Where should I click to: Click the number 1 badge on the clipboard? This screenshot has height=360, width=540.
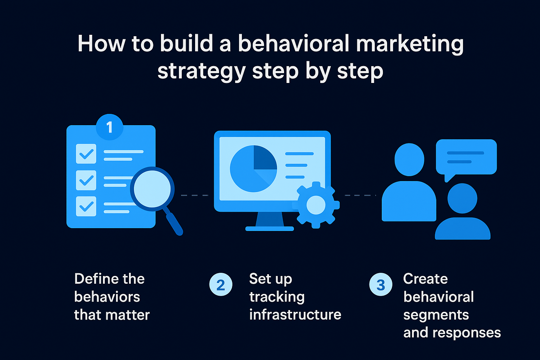pyautogui.click(x=109, y=127)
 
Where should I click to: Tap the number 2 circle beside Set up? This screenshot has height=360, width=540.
pyautogui.click(x=220, y=284)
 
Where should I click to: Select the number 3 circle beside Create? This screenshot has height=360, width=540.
pyautogui.click(x=381, y=284)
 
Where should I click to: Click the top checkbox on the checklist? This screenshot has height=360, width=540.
pyautogui.click(x=86, y=154)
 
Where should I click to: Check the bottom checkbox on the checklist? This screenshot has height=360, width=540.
pyautogui.click(x=86, y=206)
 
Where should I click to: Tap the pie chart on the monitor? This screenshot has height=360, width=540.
pyautogui.click(x=253, y=169)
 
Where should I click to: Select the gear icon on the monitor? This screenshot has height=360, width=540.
pyautogui.click(x=316, y=205)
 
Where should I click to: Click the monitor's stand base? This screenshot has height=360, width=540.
pyautogui.click(x=269, y=229)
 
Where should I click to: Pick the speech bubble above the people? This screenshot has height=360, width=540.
pyautogui.click(x=466, y=157)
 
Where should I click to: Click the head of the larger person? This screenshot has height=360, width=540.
pyautogui.click(x=409, y=159)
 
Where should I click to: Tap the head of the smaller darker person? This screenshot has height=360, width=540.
pyautogui.click(x=462, y=198)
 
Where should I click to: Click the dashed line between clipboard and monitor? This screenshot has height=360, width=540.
pyautogui.click(x=194, y=195)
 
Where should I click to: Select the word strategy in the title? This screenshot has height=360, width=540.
pyautogui.click(x=202, y=72)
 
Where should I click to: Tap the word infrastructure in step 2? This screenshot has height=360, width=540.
pyautogui.click(x=295, y=314)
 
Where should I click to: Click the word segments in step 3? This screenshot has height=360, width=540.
pyautogui.click(x=436, y=315)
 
